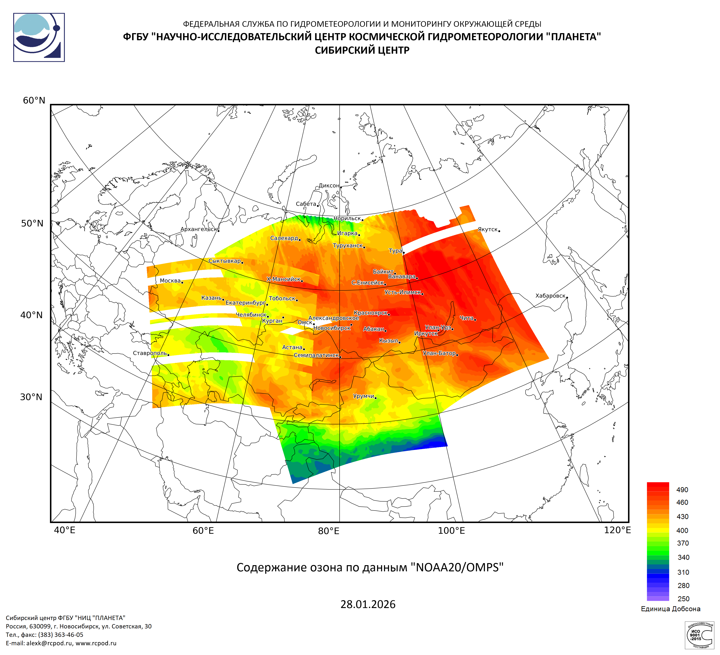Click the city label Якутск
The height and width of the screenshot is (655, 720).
tap(488, 229)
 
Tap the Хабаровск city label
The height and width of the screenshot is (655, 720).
tap(550, 296)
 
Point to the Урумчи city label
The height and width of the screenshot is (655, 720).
tap(363, 396)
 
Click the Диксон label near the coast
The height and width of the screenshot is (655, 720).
tap(329, 185)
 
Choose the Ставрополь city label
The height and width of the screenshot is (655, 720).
tap(150, 353)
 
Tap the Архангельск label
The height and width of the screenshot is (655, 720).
tap(199, 229)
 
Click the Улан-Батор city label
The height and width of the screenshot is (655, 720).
tap(439, 353)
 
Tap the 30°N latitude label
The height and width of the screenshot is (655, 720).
tap(31, 397)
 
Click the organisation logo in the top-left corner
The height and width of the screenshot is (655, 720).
tap(39, 37)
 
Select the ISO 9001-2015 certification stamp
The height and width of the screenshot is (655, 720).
tap(699, 635)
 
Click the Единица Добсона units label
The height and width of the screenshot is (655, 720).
tap(670, 609)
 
